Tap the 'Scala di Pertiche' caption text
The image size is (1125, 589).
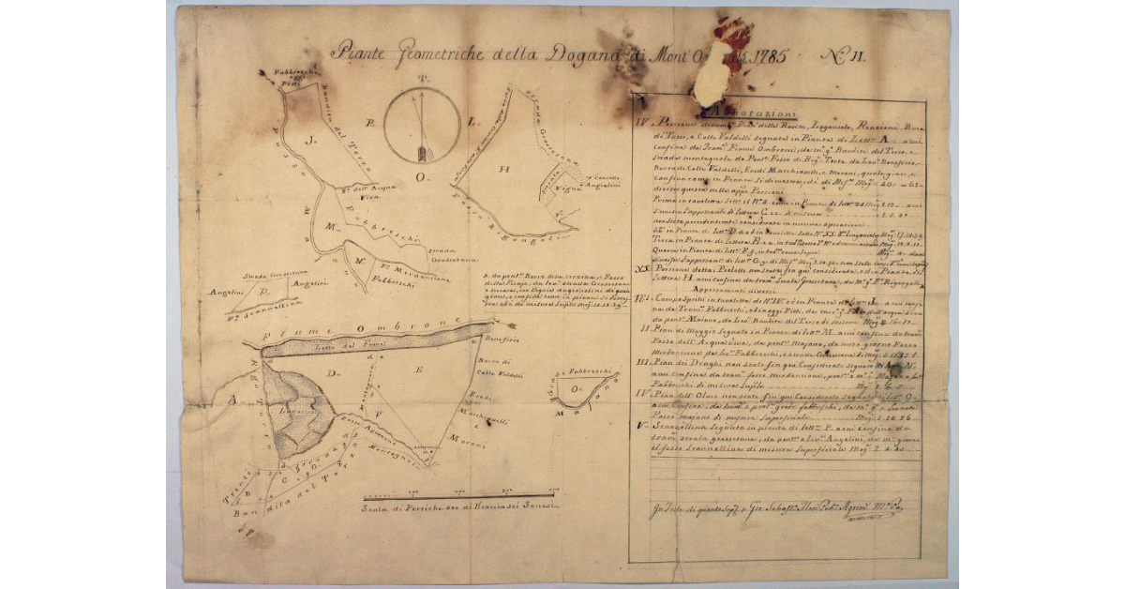coord(459,507)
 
